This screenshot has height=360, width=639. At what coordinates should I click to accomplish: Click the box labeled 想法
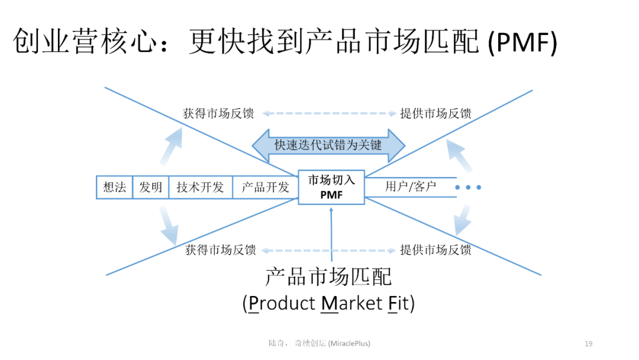(x=114, y=187)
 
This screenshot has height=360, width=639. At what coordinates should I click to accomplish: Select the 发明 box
(x=150, y=187)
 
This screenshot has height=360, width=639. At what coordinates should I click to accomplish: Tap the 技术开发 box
(x=201, y=187)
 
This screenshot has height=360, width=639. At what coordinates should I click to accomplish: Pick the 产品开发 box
(x=265, y=187)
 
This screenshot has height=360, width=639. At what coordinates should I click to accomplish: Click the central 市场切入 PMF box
(x=331, y=187)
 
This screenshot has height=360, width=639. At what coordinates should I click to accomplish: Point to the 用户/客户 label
(x=411, y=187)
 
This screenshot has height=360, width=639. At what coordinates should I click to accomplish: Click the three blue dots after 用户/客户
(x=469, y=188)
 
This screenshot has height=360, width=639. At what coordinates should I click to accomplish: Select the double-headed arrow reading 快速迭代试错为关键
(x=328, y=145)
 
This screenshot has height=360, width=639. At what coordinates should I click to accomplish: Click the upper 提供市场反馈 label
(x=435, y=114)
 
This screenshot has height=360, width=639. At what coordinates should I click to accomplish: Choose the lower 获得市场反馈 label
(x=220, y=249)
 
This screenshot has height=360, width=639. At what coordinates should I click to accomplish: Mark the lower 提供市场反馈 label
(x=435, y=249)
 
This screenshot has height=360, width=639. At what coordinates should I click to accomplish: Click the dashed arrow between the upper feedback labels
(x=329, y=113)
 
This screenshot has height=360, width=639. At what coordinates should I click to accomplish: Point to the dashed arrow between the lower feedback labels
(x=329, y=249)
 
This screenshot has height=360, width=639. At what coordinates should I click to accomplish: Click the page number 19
(x=588, y=343)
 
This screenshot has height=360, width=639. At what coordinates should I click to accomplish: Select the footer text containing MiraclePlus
(x=319, y=343)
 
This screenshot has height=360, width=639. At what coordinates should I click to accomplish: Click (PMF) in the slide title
(x=524, y=43)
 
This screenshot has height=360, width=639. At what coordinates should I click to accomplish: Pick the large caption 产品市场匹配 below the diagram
(x=328, y=277)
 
